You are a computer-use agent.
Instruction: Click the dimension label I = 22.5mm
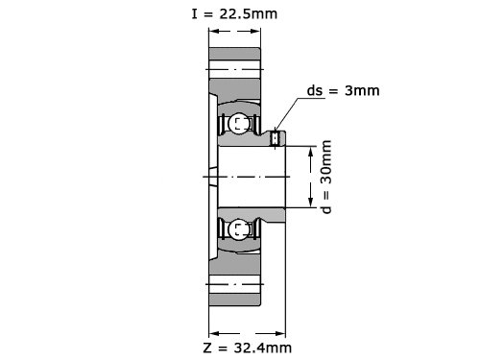234,14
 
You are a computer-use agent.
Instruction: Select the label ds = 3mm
343,90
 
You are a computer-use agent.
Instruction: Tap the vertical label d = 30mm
326,177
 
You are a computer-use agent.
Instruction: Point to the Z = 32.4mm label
247,348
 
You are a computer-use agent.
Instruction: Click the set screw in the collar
275,138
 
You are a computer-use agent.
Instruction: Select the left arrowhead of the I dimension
214,31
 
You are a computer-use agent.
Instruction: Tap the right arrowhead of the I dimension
255,31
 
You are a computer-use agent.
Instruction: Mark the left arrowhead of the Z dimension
214,334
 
